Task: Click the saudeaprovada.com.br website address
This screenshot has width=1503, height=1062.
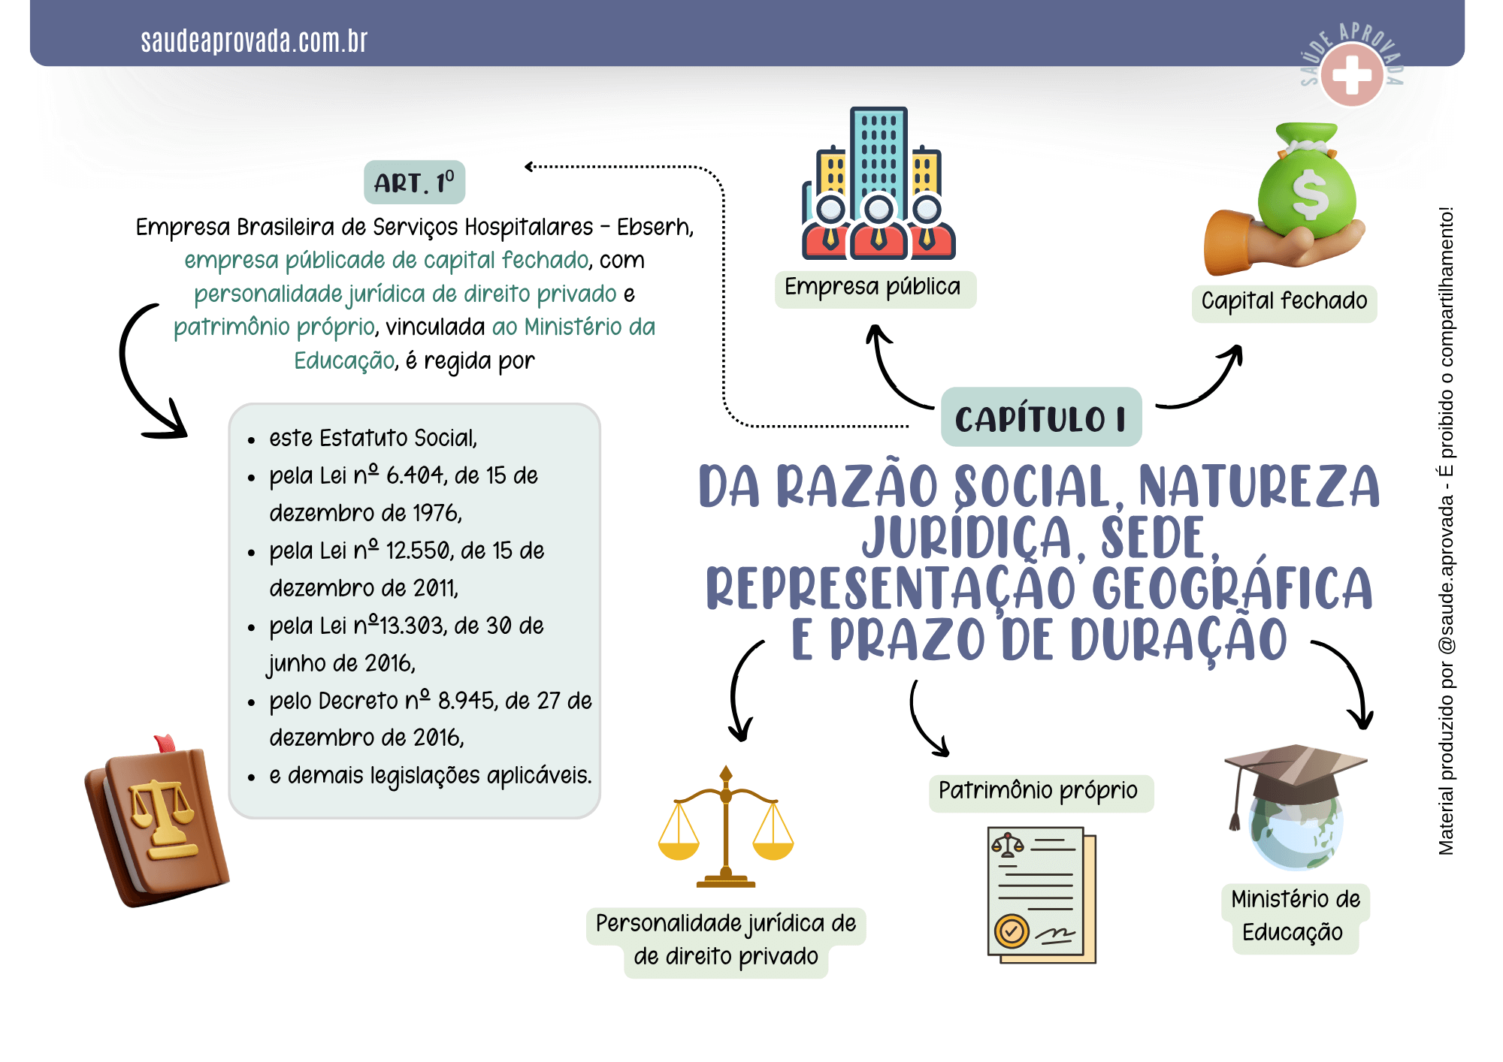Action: click(x=254, y=41)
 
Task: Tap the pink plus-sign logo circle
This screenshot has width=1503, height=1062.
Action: click(x=1352, y=74)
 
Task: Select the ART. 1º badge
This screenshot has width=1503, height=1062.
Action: click(x=415, y=183)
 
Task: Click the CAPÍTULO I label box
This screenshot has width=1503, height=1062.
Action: click(x=1042, y=418)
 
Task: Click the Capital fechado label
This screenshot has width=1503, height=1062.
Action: click(x=1284, y=302)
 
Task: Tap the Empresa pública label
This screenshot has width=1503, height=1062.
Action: click(x=875, y=288)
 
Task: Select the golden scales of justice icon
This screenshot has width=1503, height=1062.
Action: click(x=726, y=827)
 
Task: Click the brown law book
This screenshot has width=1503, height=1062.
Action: click(x=156, y=821)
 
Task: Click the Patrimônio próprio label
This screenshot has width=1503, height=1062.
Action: click(x=1040, y=792)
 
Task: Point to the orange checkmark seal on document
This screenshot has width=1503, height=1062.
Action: click(x=1012, y=932)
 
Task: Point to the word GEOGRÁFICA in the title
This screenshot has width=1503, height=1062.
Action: click(x=1232, y=587)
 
